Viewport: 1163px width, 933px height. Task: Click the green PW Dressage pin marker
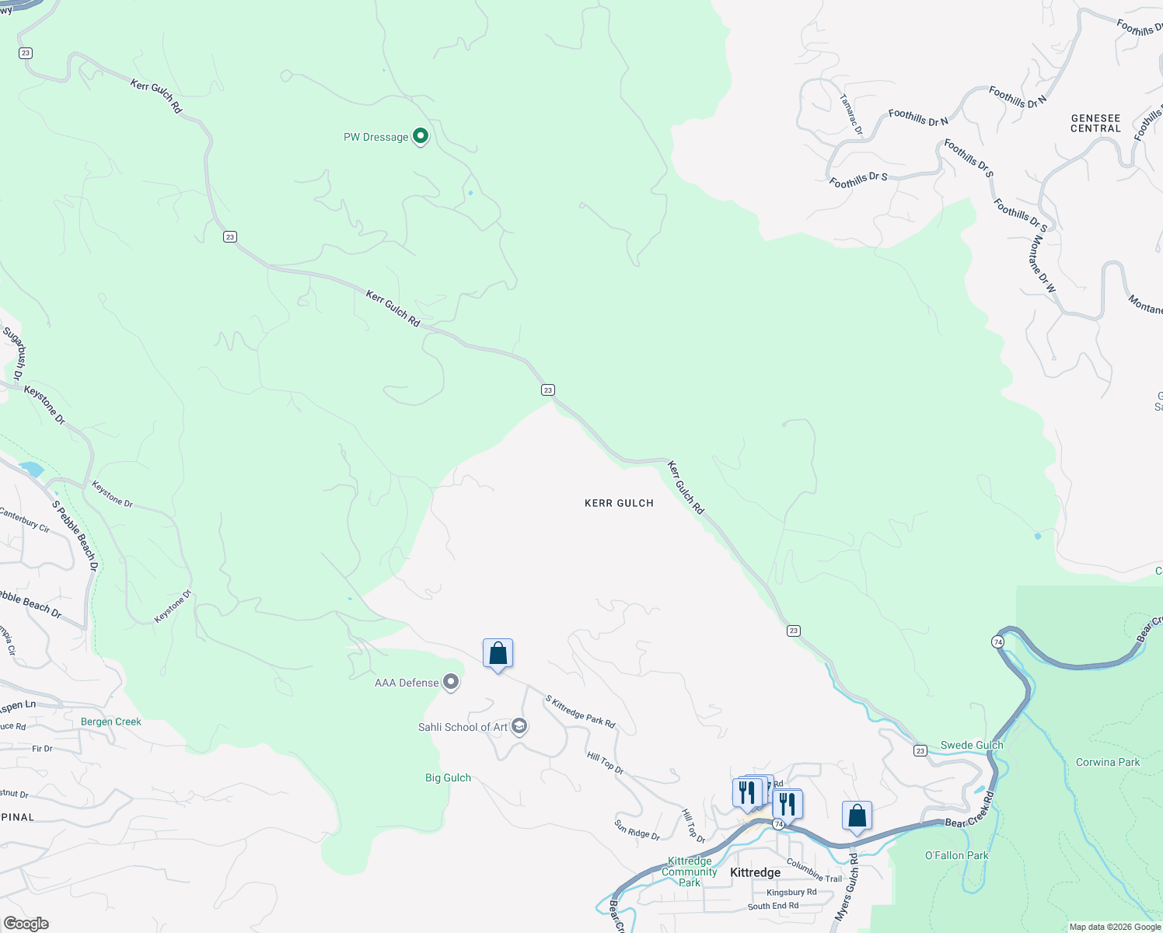[x=420, y=137]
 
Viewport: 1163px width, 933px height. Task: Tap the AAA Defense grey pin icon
[x=450, y=683]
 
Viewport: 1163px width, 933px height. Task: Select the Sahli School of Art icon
[x=519, y=727]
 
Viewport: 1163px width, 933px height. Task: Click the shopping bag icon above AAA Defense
[x=498, y=654]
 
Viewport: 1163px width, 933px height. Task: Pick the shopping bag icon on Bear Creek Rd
[x=857, y=816]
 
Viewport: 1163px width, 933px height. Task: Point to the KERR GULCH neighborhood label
[x=619, y=503]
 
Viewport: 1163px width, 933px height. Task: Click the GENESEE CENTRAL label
[x=1095, y=124]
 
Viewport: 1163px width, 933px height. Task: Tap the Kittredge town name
[x=755, y=872]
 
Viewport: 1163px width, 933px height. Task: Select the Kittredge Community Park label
[x=690, y=872]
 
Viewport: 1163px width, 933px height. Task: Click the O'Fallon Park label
[x=956, y=855]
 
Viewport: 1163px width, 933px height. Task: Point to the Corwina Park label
[x=1107, y=762]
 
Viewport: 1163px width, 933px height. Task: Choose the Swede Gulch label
[x=972, y=745]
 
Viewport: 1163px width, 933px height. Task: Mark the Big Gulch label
[x=448, y=777]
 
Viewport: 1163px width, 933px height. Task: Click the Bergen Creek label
[x=111, y=722]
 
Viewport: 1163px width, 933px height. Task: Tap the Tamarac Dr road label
[x=851, y=115]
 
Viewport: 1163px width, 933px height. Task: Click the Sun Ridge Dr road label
[x=637, y=830]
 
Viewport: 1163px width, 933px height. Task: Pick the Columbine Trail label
[x=814, y=870]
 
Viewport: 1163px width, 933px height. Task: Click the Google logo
[x=26, y=924]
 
